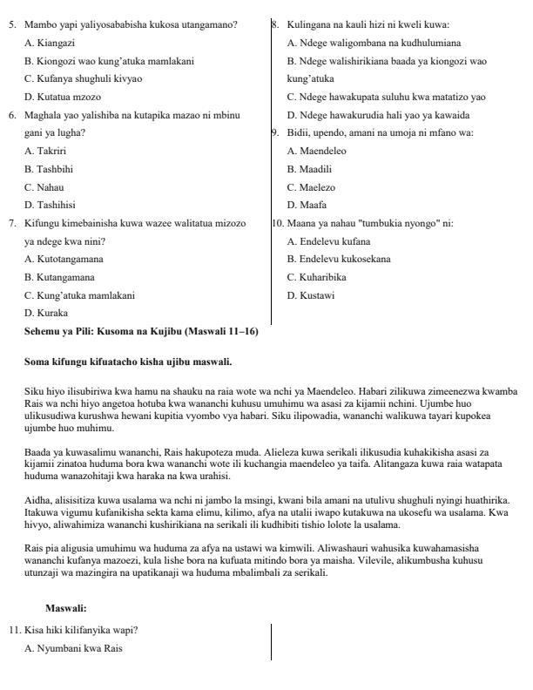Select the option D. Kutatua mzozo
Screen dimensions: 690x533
click(58, 97)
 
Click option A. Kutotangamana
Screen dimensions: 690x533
click(64, 259)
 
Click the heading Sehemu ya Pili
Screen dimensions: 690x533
click(141, 331)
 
